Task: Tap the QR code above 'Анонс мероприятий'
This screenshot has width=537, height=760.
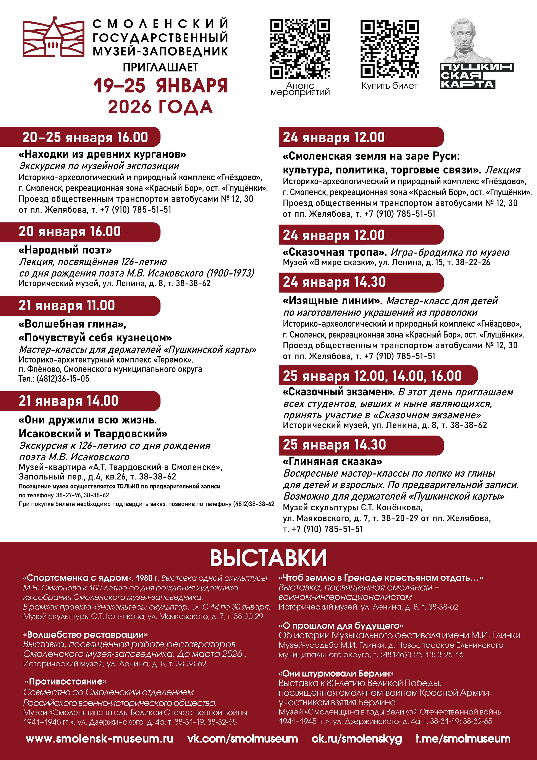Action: (x=300, y=49)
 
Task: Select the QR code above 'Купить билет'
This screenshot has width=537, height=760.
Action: (x=389, y=49)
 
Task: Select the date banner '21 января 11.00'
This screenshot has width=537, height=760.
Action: (x=80, y=305)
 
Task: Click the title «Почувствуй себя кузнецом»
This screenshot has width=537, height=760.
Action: (x=95, y=338)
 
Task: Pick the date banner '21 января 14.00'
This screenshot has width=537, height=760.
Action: (x=80, y=401)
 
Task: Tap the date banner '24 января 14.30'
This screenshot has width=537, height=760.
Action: (x=361, y=282)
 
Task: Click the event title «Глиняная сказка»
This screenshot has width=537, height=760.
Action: (x=332, y=461)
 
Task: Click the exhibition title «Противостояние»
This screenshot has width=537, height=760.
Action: (x=66, y=682)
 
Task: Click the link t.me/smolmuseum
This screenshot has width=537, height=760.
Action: (x=463, y=739)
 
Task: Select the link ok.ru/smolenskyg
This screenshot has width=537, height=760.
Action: (x=357, y=739)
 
